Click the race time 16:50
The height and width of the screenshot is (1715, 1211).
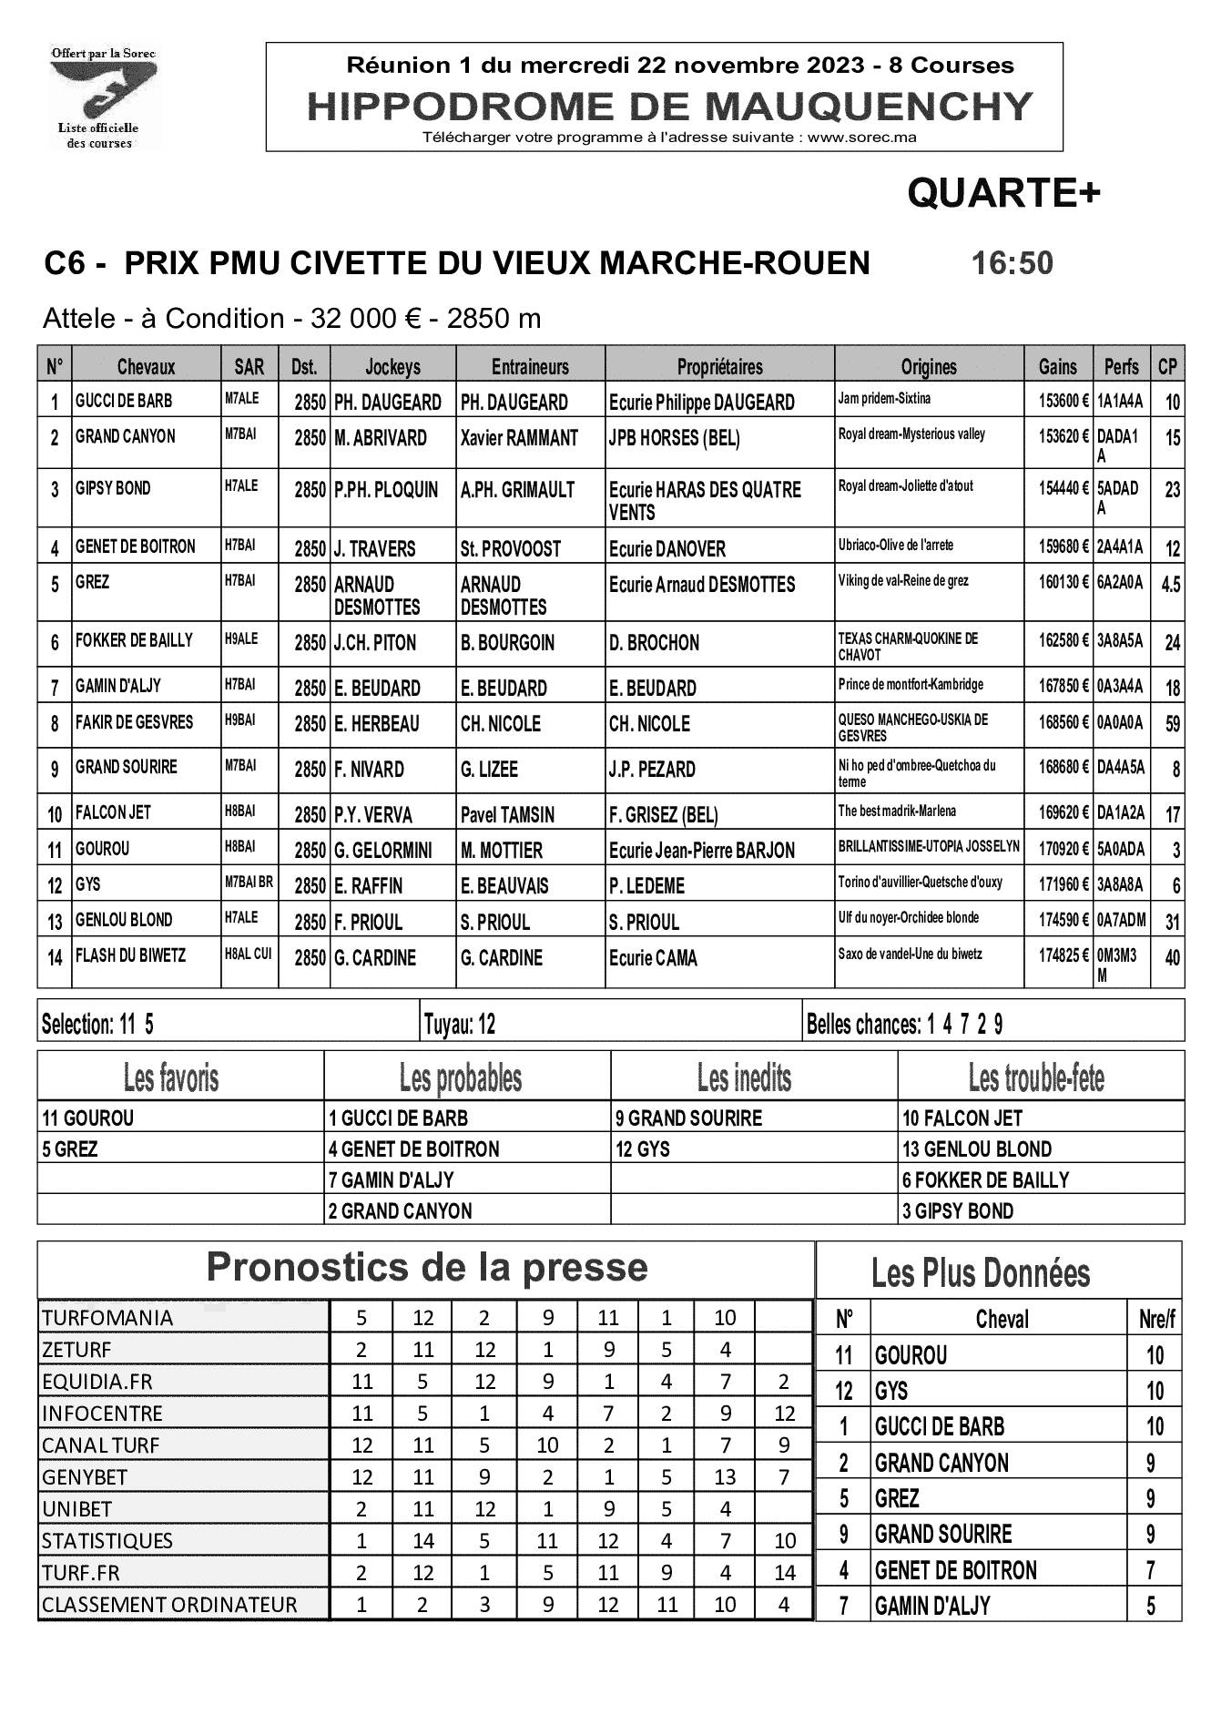coord(1012,263)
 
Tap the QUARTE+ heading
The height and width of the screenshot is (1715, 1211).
coord(1003,192)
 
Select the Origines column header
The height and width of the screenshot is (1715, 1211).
coord(929,366)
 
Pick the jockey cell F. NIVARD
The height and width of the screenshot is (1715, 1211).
coord(369,770)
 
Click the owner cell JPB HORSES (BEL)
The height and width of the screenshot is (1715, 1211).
coord(674,438)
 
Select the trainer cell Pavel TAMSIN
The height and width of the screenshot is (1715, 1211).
coord(507,814)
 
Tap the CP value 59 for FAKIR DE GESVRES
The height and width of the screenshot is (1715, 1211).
coord(1171,723)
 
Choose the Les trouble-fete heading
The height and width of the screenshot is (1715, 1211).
coord(1036,1078)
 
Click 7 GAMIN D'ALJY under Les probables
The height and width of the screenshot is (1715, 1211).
coord(392,1180)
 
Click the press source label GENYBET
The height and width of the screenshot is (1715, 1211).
coord(85,1476)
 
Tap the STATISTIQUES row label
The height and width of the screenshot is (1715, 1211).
coord(107,1540)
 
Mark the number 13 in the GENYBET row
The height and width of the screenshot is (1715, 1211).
coord(725,1476)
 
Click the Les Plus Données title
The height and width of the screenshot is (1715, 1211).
coord(981,1272)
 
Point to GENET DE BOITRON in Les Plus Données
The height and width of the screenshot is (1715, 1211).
coord(955,1570)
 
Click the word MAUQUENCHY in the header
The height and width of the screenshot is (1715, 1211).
coord(870,107)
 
